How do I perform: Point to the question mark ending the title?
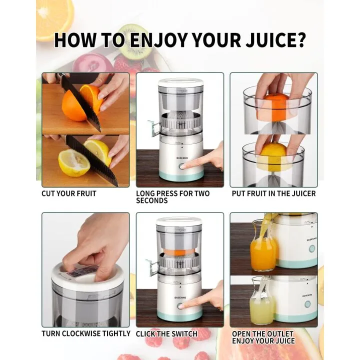pyautogui.click(x=299, y=39)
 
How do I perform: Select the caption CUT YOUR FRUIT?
pyautogui.click(x=69, y=193)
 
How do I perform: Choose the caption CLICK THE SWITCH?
pyautogui.click(x=166, y=333)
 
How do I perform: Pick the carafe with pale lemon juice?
pyautogui.click(x=261, y=305)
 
